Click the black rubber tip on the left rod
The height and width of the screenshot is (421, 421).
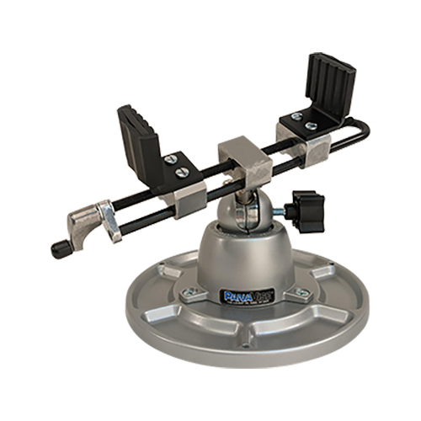point(60,248)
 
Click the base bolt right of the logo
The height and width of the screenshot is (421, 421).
point(301,291)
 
